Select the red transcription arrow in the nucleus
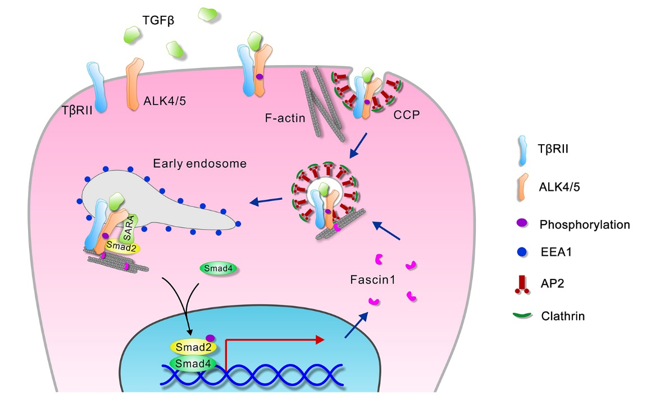coord(275,341)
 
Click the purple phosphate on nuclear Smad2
coord(211,337)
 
